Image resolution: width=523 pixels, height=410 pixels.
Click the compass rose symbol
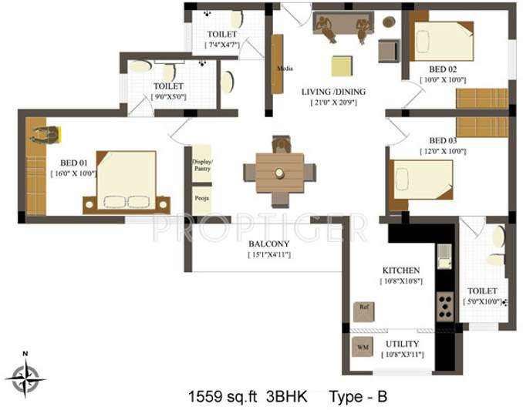tap(25, 377)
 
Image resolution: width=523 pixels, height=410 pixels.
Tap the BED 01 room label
tap(61, 163)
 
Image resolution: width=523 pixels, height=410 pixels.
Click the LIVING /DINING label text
tap(333, 91)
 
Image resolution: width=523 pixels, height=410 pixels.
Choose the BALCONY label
tap(268, 244)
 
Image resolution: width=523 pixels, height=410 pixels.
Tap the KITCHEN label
tap(401, 271)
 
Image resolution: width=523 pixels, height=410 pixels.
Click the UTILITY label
tap(401, 344)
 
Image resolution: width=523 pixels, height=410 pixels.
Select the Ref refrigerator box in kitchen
tap(363, 311)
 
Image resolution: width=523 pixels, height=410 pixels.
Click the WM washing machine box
tap(363, 348)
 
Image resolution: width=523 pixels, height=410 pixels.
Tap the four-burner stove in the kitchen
tap(447, 306)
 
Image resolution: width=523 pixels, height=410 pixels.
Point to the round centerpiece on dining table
tap(280, 172)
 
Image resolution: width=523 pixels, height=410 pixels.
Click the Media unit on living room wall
tap(278, 65)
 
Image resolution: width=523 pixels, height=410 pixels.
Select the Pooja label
tap(201, 199)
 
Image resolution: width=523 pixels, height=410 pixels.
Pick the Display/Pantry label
tap(201, 164)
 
